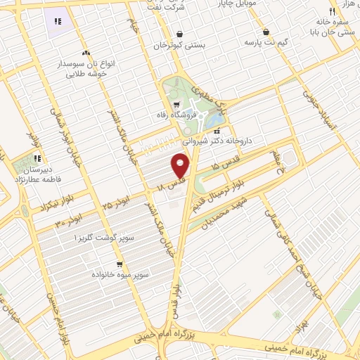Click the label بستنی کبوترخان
point(179,45)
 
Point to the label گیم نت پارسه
point(266,43)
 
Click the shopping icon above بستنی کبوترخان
point(179,34)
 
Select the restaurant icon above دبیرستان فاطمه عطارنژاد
point(37,158)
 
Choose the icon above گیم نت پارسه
point(266,32)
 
